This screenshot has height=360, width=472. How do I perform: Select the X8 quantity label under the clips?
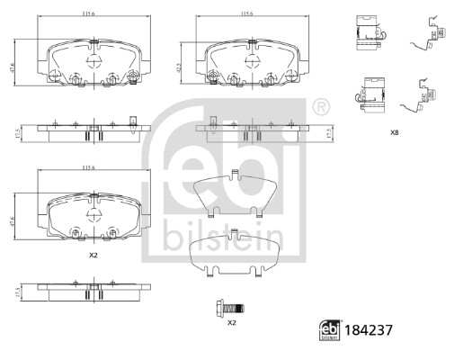click(394, 132)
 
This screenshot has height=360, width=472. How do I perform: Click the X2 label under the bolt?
click(231, 322)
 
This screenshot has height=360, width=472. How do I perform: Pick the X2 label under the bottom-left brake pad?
click(93, 255)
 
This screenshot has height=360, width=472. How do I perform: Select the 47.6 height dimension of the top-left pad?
click(23, 64)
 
